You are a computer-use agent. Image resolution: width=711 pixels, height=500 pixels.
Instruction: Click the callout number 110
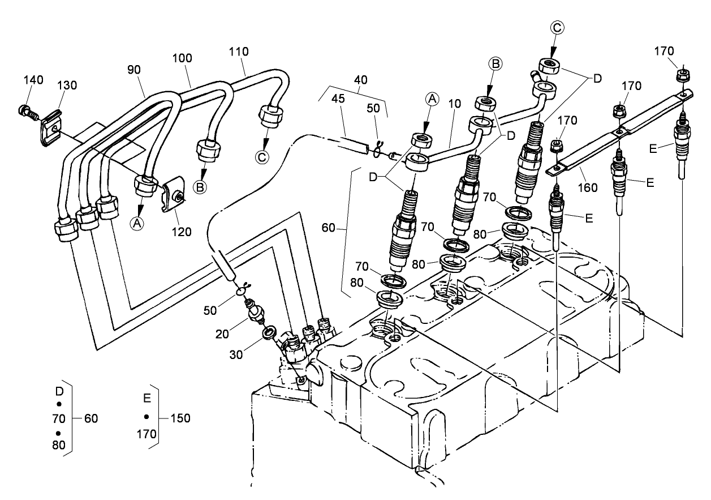[x=239, y=52]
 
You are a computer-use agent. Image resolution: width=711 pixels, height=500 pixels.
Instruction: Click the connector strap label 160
[x=588, y=187]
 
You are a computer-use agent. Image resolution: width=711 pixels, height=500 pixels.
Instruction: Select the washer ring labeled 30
[x=270, y=330]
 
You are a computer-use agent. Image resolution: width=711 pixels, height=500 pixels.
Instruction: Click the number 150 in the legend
[x=179, y=418]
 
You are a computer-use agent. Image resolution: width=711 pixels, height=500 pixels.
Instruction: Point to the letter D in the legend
[x=58, y=391]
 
